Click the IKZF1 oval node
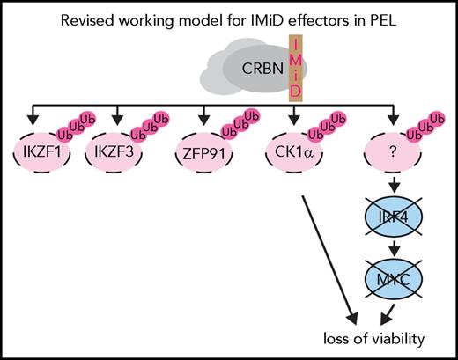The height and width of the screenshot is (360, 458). pos(42,160)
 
